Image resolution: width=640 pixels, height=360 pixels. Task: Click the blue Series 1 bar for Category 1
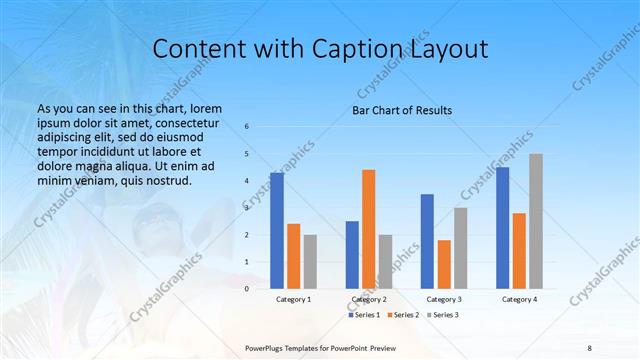(x=276, y=231)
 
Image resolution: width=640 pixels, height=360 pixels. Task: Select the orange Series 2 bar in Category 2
(x=368, y=229)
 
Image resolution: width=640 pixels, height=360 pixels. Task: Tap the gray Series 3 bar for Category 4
(x=536, y=221)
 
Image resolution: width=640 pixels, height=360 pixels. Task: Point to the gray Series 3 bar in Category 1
(x=310, y=262)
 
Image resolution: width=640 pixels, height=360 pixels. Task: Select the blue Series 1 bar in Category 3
(x=427, y=241)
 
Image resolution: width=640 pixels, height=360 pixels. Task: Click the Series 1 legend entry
(x=364, y=315)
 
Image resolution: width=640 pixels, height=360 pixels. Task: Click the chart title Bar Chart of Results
(x=402, y=110)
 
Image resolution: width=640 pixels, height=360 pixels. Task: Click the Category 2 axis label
(x=369, y=299)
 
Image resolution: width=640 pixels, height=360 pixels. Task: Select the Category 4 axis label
(x=519, y=299)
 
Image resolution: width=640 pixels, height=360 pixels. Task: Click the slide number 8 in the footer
(x=589, y=347)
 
